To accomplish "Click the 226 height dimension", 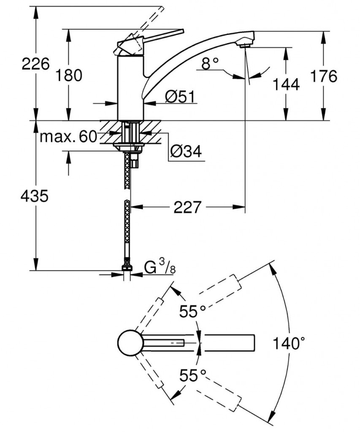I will coord(35,65).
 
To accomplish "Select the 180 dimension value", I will coord(68,76).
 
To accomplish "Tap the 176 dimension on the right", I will coord(324,76).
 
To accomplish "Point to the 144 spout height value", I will coord(286,84).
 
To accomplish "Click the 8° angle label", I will coord(210,64).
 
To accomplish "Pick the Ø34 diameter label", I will coord(186,151).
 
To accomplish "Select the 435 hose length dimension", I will coord(35,196).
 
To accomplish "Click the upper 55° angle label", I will coord(192,312).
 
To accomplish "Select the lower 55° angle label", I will coord(192,375).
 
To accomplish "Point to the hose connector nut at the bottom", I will coord(127,267).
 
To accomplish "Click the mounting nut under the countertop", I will coord(129,146).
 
